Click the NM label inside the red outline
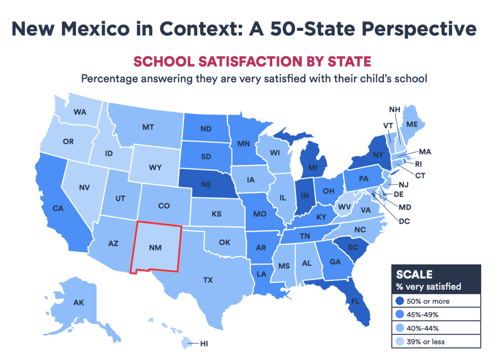155,248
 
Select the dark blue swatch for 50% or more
399,301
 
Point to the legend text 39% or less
427,341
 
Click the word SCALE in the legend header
414,274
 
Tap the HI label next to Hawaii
204,344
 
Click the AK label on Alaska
78,302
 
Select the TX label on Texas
208,280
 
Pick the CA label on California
58,208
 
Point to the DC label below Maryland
404,221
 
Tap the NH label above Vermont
394,110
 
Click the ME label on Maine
424,125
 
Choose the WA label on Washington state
80,112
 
